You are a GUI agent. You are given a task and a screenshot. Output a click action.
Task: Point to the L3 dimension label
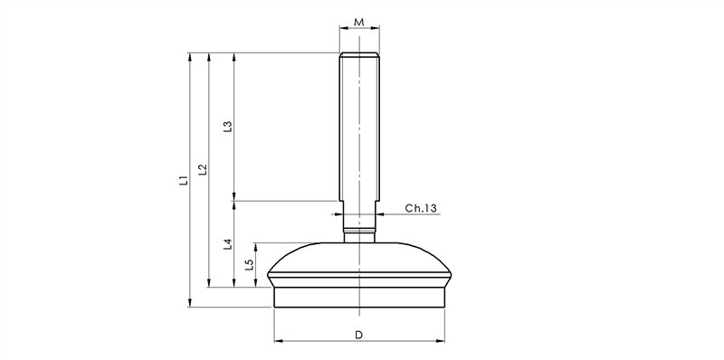(x=228, y=127)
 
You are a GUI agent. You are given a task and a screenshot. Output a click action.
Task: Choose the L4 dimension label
(x=228, y=243)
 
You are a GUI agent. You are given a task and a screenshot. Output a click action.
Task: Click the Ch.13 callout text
(x=421, y=209)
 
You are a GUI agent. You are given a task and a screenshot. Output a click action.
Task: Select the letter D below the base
(x=359, y=335)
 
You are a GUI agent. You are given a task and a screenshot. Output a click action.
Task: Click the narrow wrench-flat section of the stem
(x=359, y=217)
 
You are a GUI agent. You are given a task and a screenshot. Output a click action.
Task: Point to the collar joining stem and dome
(x=359, y=237)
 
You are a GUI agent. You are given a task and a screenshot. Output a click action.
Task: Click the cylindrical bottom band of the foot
(x=359, y=298)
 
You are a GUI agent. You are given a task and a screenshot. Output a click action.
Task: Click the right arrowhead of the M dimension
(x=376, y=27)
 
